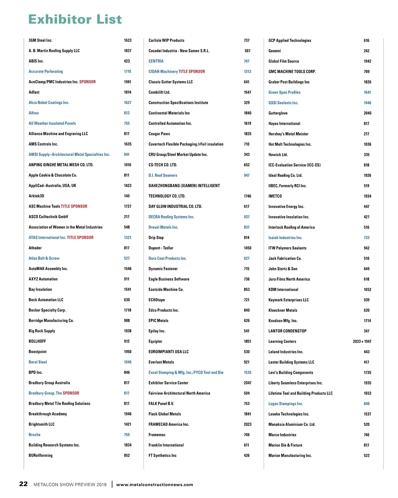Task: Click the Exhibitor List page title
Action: (x=75, y=20)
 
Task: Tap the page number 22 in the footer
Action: (x=23, y=484)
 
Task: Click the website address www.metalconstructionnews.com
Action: (x=155, y=484)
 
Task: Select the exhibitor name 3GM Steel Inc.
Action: (x=40, y=40)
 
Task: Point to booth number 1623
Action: (x=128, y=40)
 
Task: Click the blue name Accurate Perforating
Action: (x=46, y=72)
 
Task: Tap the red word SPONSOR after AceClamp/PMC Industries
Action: (x=88, y=82)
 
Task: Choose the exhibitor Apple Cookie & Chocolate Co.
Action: (x=53, y=175)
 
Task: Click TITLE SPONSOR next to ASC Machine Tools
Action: (x=74, y=206)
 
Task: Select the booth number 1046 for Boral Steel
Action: (x=128, y=362)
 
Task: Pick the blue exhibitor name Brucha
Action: (x=34, y=434)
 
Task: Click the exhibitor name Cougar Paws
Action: (x=159, y=134)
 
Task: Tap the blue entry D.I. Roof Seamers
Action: (x=163, y=175)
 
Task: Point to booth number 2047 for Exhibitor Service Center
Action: (x=247, y=383)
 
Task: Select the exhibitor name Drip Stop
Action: (x=156, y=237)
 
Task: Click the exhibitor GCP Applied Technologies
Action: (x=290, y=40)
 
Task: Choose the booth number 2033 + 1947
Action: (x=362, y=341)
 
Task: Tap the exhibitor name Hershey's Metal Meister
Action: (x=288, y=134)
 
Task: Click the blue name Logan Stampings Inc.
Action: (x=286, y=404)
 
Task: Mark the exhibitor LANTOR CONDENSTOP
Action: (x=287, y=331)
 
